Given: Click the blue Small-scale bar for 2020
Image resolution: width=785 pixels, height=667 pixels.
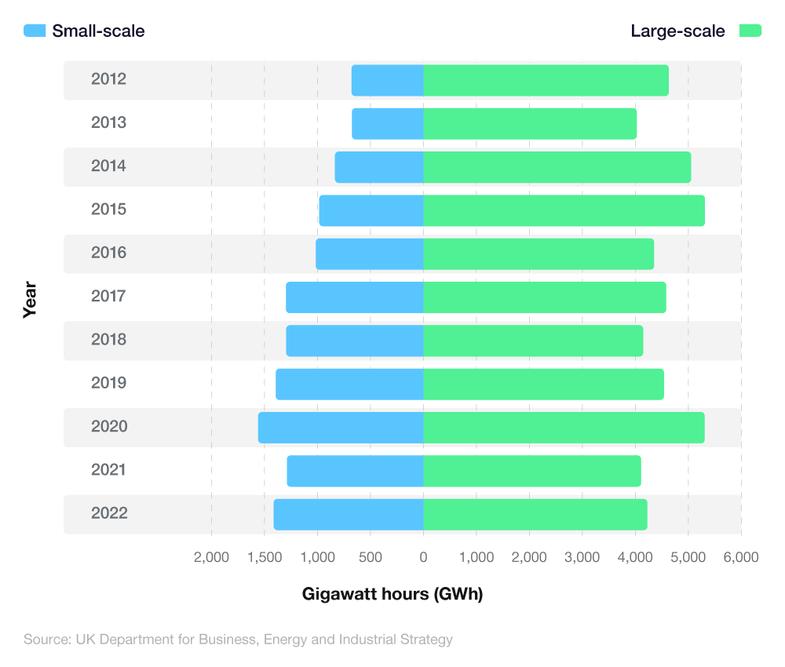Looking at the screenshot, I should pos(341,428).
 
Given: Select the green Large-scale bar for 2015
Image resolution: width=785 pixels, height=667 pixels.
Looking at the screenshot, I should pos(564,210).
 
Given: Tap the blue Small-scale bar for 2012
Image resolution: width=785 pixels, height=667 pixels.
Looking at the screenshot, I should pos(387,81).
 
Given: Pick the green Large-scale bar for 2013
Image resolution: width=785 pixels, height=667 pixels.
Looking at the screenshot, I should pos(530,124).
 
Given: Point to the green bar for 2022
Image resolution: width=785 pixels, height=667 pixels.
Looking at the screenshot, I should pos(535,515).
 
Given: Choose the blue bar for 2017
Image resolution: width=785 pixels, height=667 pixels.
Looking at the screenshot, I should pos(355,297).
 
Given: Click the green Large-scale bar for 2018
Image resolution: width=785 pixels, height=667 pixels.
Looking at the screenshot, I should pos(533,341).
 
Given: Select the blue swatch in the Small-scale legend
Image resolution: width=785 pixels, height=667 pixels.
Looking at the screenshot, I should pos(35,31).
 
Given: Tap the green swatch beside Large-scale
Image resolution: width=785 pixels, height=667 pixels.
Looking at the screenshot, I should pos(750,31).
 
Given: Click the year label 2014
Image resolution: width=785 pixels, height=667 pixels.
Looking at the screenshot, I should pos(108,166).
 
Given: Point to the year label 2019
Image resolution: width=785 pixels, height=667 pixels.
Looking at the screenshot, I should pos(108,384).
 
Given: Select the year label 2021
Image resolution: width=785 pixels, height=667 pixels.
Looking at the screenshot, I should pos(108,470).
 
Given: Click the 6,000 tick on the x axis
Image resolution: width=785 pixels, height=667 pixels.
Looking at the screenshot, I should pos(741,557).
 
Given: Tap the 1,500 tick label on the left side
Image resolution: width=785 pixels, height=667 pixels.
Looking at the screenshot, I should pos(265,557).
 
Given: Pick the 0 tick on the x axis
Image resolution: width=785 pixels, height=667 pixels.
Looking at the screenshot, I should pos(423,557).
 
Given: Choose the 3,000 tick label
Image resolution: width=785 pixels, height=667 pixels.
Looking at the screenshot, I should pos(582,557).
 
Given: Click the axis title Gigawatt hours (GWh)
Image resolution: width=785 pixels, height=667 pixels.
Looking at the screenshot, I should pos(392,594).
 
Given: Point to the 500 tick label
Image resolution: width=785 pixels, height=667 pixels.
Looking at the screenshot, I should pos(371,557).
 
